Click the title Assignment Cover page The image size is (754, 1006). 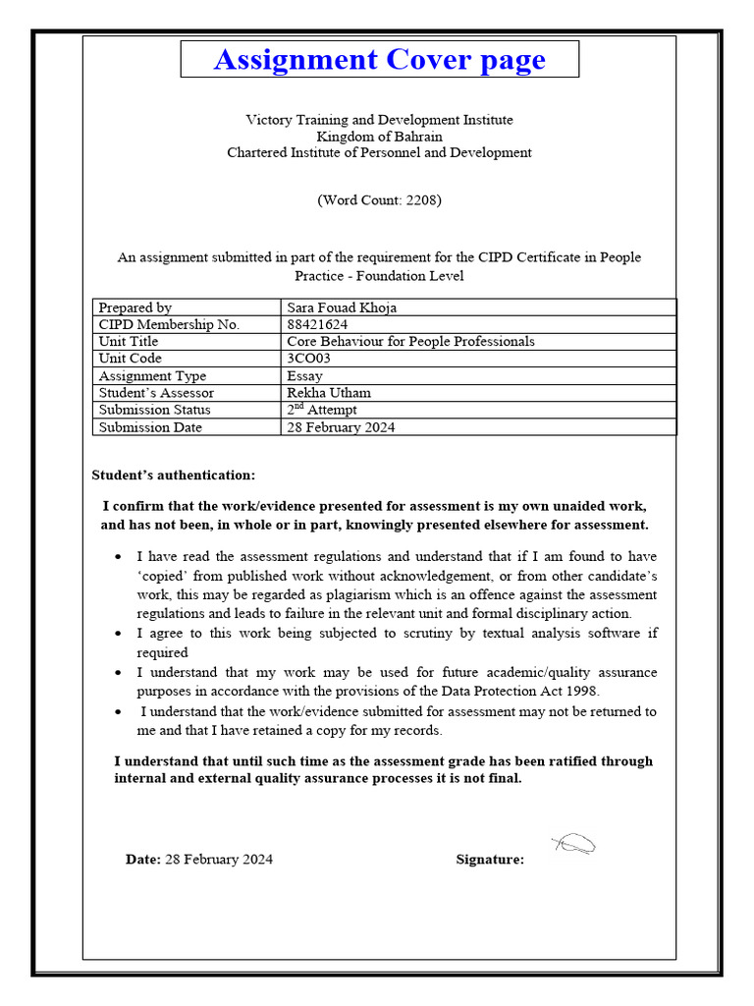(379, 60)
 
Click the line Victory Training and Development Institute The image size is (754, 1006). (379, 120)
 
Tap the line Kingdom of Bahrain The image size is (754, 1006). (379, 137)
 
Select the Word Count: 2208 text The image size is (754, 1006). (379, 200)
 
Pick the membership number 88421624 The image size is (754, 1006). (317, 324)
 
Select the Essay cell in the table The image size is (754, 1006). (303, 375)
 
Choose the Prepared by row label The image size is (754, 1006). (135, 307)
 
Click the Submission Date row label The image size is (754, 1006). (149, 426)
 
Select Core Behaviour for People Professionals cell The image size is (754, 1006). (410, 341)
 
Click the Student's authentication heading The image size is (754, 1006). (174, 475)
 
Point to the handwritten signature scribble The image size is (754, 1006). (574, 844)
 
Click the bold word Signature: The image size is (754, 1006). (490, 860)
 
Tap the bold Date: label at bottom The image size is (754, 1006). (142, 860)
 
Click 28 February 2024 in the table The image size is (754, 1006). (341, 426)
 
